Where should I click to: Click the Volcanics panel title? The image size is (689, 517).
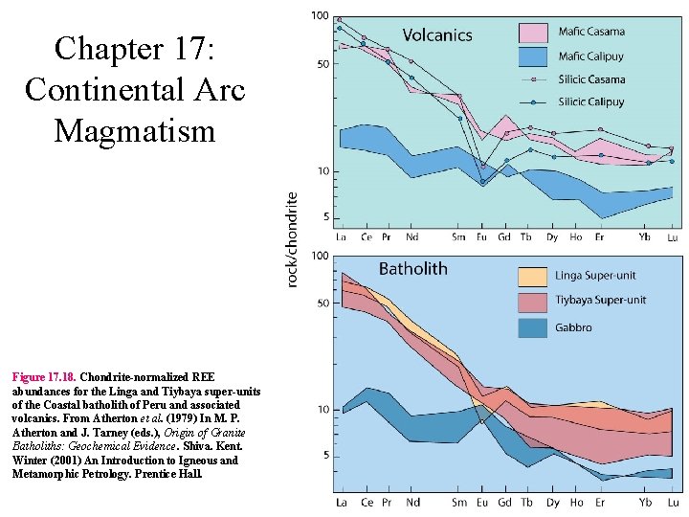pos(436,35)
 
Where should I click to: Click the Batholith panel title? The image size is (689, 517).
pos(412,269)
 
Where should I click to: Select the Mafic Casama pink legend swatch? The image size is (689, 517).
pos(532,33)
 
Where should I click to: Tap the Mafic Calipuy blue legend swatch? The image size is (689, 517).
pos(532,56)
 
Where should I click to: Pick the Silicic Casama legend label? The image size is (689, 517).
pos(591,79)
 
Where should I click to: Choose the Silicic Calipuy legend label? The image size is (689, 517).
pos(591,102)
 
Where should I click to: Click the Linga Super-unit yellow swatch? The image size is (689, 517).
pos(532,277)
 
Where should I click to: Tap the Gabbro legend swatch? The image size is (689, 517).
pos(532,327)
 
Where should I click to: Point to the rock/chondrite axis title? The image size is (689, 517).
pos(293,239)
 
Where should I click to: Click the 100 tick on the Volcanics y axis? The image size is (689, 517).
pos(320,16)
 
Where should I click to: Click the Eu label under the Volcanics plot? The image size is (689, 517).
pos(481,236)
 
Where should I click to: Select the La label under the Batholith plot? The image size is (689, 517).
pos(342,503)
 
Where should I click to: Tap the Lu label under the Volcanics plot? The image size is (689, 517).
pos(673,236)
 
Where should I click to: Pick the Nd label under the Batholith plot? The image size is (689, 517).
pos(412,503)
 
